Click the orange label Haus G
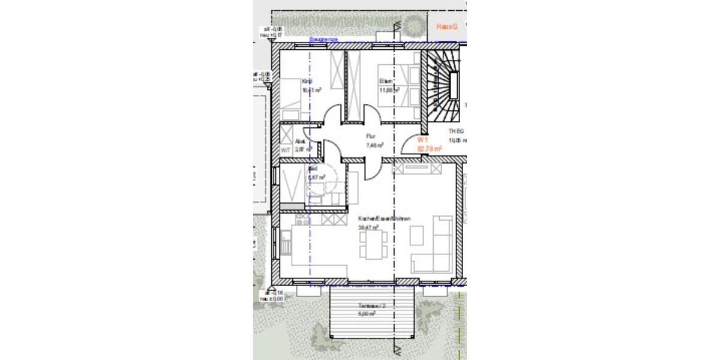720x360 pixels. (447, 27)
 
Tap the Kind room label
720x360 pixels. (307, 82)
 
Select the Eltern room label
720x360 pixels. (385, 82)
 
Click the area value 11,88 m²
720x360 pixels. (389, 91)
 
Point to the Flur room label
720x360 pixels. (371, 136)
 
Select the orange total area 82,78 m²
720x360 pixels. (430, 148)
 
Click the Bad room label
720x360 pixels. (313, 169)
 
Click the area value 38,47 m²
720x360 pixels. (368, 228)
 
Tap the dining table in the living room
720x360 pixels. (370, 244)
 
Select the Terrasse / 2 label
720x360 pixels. (366, 305)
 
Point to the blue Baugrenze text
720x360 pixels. (323, 40)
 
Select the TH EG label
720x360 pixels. (456, 131)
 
